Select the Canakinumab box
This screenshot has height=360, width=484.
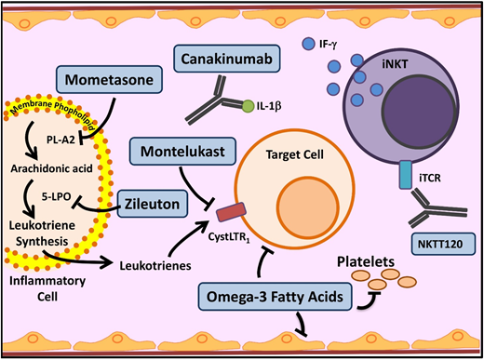[221, 61]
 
